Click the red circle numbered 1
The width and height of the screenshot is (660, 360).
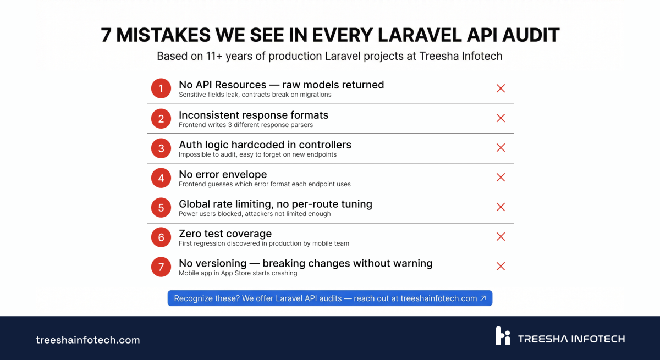(x=161, y=88)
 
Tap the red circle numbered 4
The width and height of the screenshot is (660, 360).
(x=161, y=178)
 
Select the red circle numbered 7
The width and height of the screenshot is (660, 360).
(x=161, y=267)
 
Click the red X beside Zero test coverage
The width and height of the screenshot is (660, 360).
(x=501, y=237)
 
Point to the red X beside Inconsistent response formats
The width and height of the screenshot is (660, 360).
(x=501, y=118)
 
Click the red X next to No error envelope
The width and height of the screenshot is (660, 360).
(x=501, y=178)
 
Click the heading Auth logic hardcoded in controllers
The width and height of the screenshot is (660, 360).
(x=265, y=145)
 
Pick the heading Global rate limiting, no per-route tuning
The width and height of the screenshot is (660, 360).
(x=275, y=204)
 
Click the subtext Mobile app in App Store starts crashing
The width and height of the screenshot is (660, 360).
(x=238, y=273)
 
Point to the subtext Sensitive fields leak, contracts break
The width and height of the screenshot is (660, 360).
(x=255, y=95)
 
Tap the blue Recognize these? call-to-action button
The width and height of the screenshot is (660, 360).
(x=329, y=298)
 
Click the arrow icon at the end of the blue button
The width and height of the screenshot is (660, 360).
(x=483, y=298)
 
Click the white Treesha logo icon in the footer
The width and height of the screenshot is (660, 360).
(x=503, y=336)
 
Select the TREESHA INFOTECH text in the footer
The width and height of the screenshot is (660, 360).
(x=571, y=339)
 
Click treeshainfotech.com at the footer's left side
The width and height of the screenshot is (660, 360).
(x=87, y=340)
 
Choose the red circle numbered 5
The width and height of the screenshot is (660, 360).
(x=161, y=207)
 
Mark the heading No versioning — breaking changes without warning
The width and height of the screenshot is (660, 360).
(x=305, y=263)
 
